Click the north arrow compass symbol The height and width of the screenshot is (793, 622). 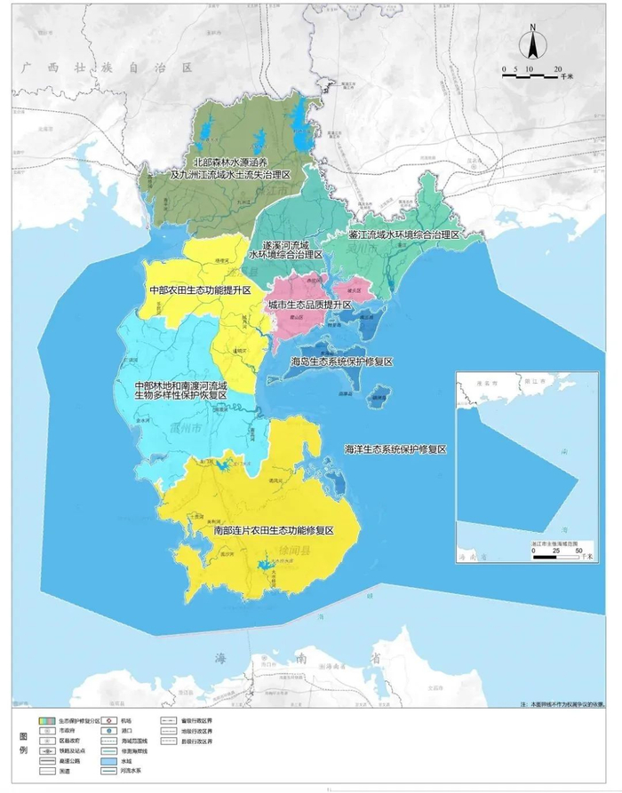tap(530, 44)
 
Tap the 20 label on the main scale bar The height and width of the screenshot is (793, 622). tap(558, 68)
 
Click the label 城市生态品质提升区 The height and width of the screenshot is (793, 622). tap(310, 305)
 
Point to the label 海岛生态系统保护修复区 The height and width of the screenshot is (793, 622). tap(342, 362)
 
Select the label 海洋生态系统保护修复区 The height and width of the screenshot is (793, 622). tap(395, 450)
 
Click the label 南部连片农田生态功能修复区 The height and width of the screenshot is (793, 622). tap(273, 530)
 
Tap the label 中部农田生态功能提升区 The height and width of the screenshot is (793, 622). tap(200, 290)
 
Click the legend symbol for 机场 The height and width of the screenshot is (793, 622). tap(107, 721)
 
